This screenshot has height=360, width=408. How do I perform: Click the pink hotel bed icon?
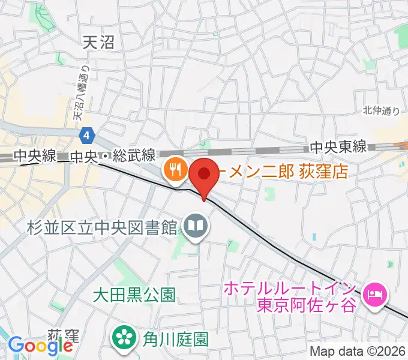pyautogui.click(x=376, y=294)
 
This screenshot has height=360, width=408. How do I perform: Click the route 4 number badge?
pyautogui.click(x=88, y=136)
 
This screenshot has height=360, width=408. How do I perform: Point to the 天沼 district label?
pyautogui.click(x=98, y=41)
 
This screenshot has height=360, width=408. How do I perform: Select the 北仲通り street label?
pyautogui.click(x=381, y=110)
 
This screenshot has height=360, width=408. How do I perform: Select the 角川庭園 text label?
pyautogui.click(x=175, y=339)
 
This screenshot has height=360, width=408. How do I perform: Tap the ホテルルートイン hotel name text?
pyautogui.click(x=290, y=289)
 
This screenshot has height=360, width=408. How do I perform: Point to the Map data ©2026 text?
pyautogui.click(x=357, y=351)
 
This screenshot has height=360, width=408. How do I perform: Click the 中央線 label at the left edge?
pyautogui.click(x=35, y=156)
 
